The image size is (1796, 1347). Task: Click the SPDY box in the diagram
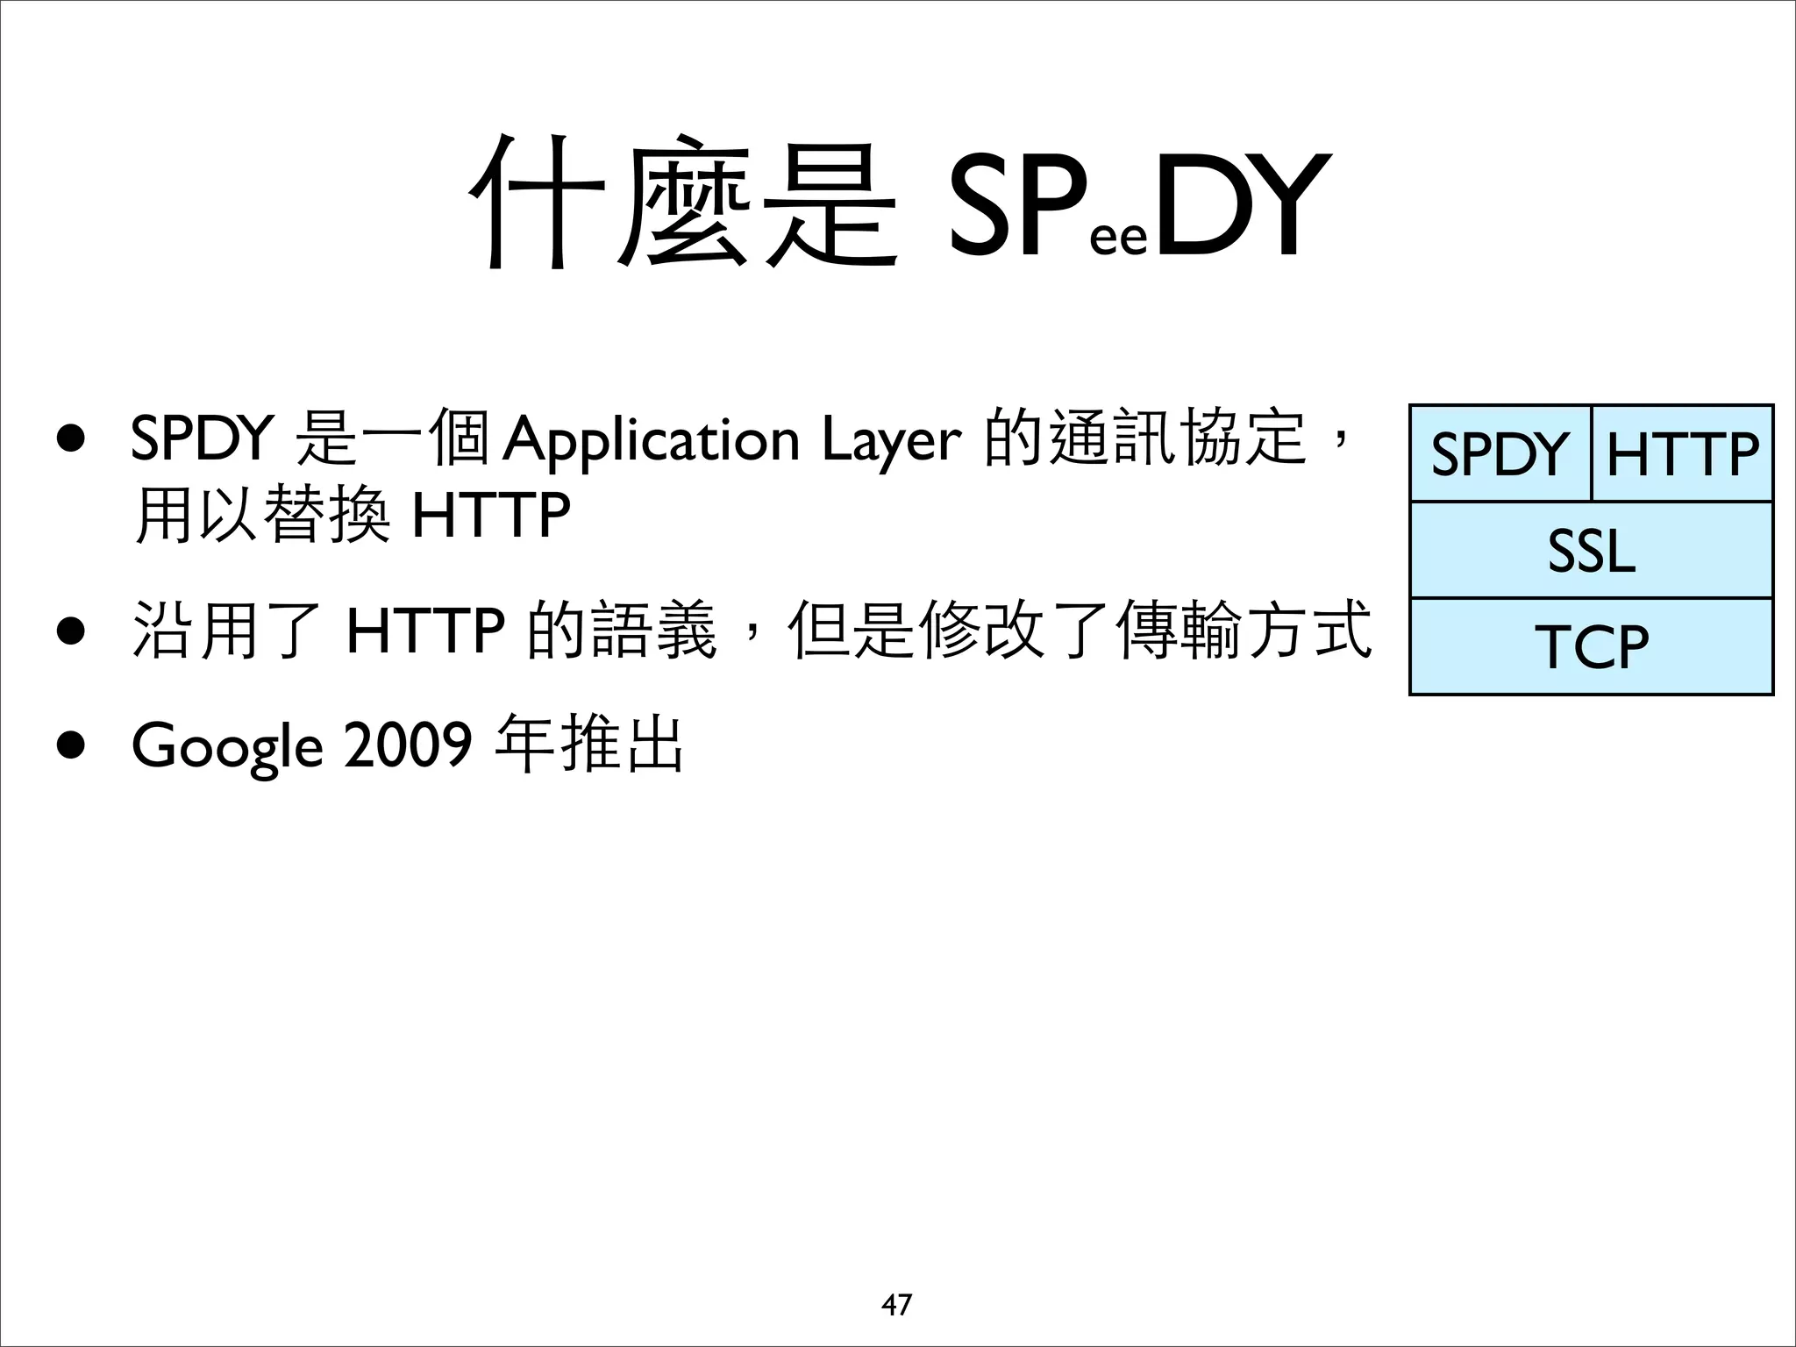tap(1500, 454)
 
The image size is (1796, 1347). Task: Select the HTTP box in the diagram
tap(1682, 454)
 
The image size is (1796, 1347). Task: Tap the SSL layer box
tap(1591, 551)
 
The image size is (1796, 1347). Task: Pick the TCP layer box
tap(1591, 647)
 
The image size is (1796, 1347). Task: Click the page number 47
tap(896, 1305)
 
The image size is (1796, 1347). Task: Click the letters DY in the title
tap(1238, 206)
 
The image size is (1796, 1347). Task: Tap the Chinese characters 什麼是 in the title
tap(684, 203)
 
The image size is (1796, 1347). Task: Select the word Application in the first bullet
tap(652, 440)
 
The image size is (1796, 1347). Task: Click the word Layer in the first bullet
tap(891, 440)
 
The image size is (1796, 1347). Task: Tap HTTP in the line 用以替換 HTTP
tap(491, 516)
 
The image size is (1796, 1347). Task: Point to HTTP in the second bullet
tap(425, 630)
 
